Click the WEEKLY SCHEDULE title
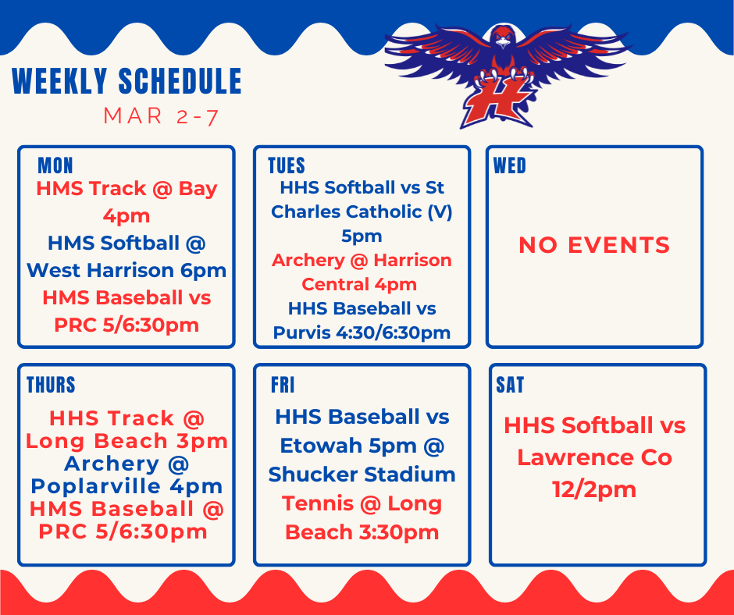[x=126, y=82]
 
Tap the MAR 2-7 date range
[x=161, y=117]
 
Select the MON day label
[x=55, y=165]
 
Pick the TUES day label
[x=286, y=165]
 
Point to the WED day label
[x=509, y=165]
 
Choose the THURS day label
[x=51, y=385]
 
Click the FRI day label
[x=283, y=385]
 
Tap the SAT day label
[x=510, y=385]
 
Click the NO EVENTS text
[x=594, y=245]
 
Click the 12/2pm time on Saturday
[x=594, y=489]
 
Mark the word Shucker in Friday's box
[x=314, y=475]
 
